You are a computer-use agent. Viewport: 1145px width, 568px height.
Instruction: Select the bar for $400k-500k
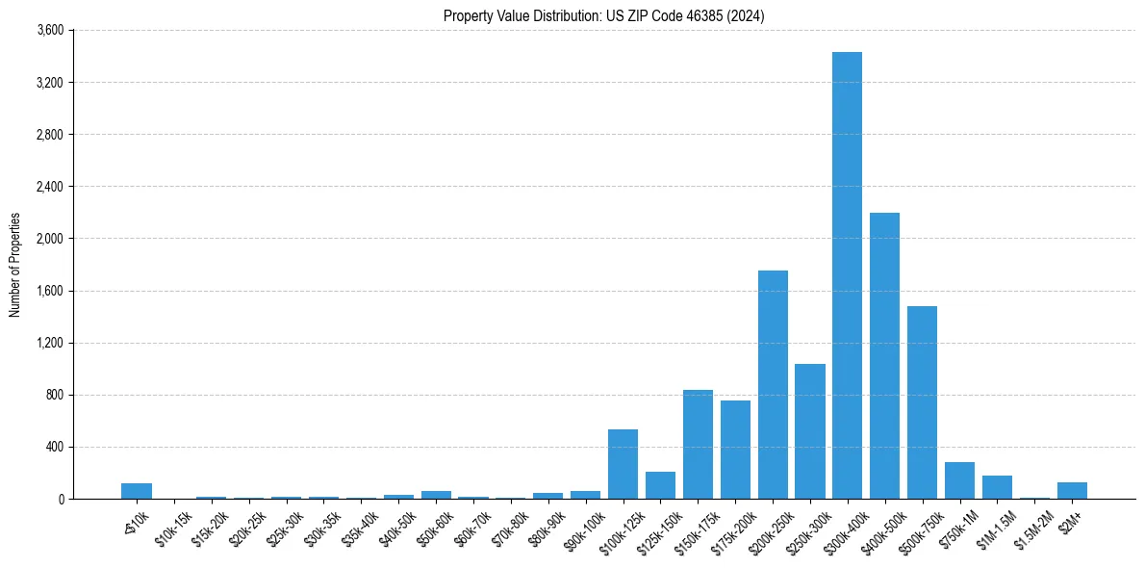pos(884,356)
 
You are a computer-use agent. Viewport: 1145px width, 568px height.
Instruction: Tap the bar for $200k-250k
pos(773,385)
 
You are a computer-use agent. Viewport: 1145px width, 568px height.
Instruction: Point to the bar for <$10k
pos(137,491)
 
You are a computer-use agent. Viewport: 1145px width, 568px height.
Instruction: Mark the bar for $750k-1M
pos(959,480)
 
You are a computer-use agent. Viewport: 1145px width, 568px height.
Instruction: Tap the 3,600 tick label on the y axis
pos(49,31)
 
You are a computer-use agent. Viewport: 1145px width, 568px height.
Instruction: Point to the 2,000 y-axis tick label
pos(49,239)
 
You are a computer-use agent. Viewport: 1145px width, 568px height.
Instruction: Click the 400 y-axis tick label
pos(55,447)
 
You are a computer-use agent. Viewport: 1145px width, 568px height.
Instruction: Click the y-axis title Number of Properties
pos(14,265)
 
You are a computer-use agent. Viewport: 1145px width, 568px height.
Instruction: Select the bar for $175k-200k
pos(735,450)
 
